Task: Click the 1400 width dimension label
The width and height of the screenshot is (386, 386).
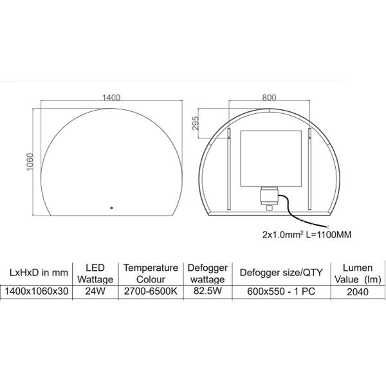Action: [111, 98]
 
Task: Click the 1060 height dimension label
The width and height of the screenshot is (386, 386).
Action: [30, 161]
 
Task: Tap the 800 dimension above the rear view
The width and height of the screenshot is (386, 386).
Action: [269, 98]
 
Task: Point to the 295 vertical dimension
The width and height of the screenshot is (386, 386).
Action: [195, 124]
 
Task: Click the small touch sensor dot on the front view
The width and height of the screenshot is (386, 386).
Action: [111, 208]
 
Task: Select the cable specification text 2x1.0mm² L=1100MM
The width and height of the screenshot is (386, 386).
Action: [306, 235]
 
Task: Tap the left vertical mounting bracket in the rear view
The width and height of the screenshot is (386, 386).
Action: [229, 169]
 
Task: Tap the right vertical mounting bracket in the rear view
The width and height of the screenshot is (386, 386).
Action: [309, 169]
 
